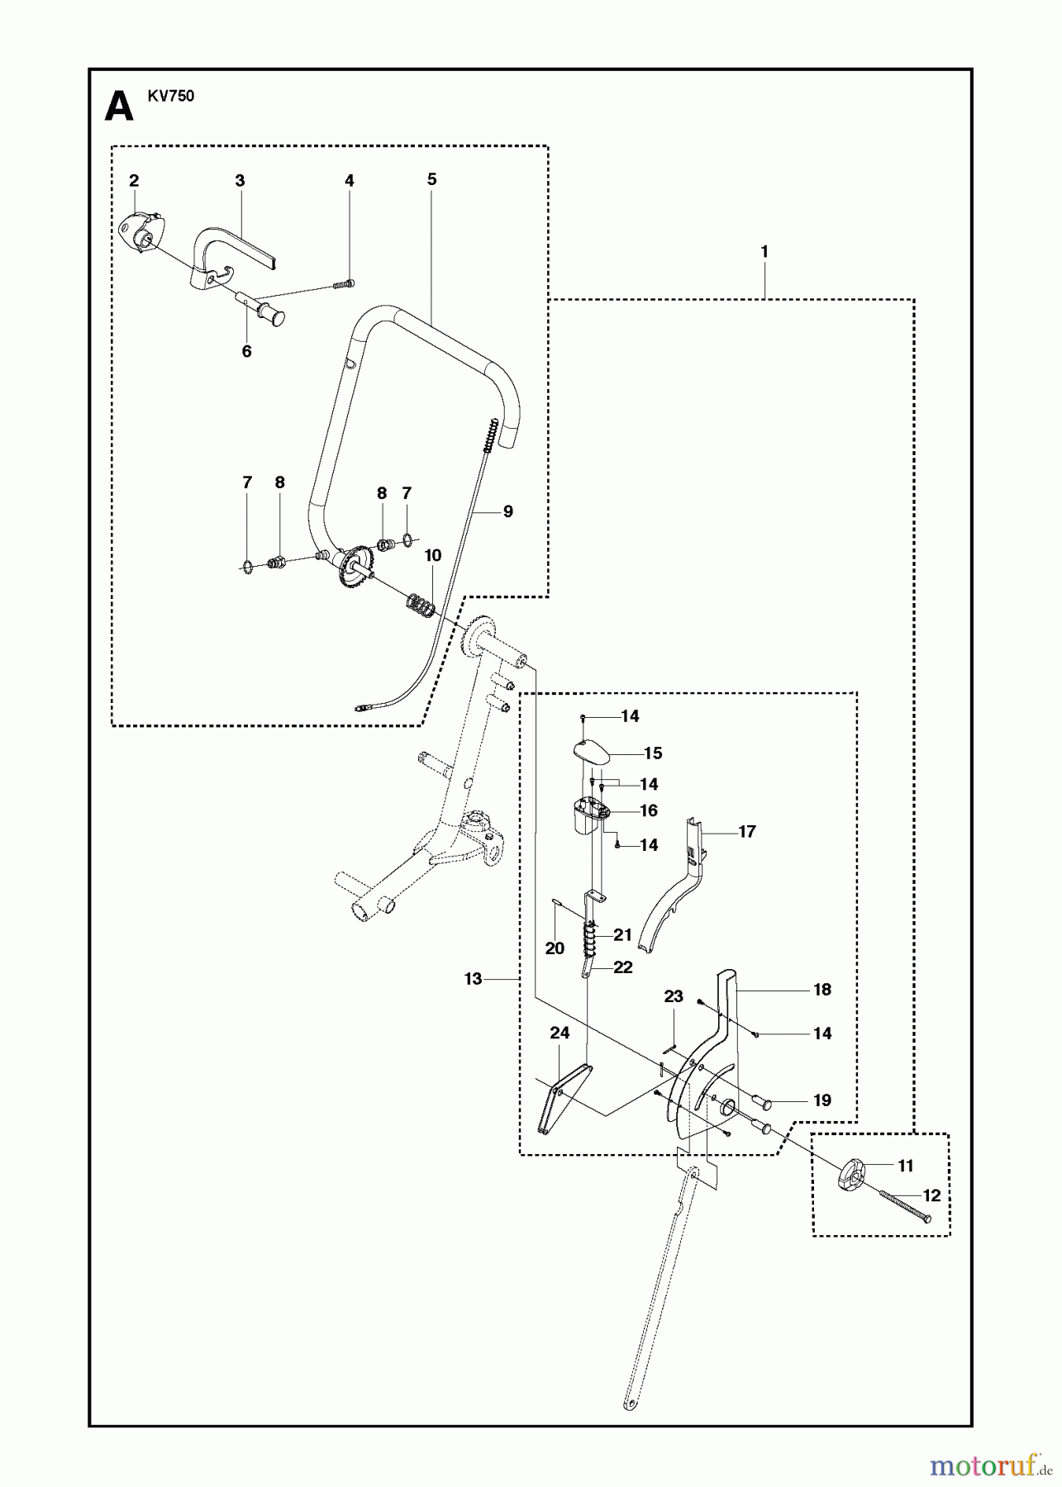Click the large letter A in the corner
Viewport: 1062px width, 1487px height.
(x=119, y=107)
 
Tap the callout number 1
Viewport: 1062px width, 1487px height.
(x=764, y=251)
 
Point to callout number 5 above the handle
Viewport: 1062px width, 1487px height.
(x=431, y=179)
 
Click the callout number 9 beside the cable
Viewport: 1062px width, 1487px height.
(x=507, y=511)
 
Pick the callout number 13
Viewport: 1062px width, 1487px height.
(x=473, y=979)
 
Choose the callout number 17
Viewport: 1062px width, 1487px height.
(x=747, y=831)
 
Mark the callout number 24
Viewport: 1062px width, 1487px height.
(x=560, y=1033)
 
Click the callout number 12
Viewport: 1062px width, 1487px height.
(x=931, y=1195)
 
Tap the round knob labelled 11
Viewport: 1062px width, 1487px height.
(x=852, y=1175)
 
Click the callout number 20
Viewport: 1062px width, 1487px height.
(x=555, y=948)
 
